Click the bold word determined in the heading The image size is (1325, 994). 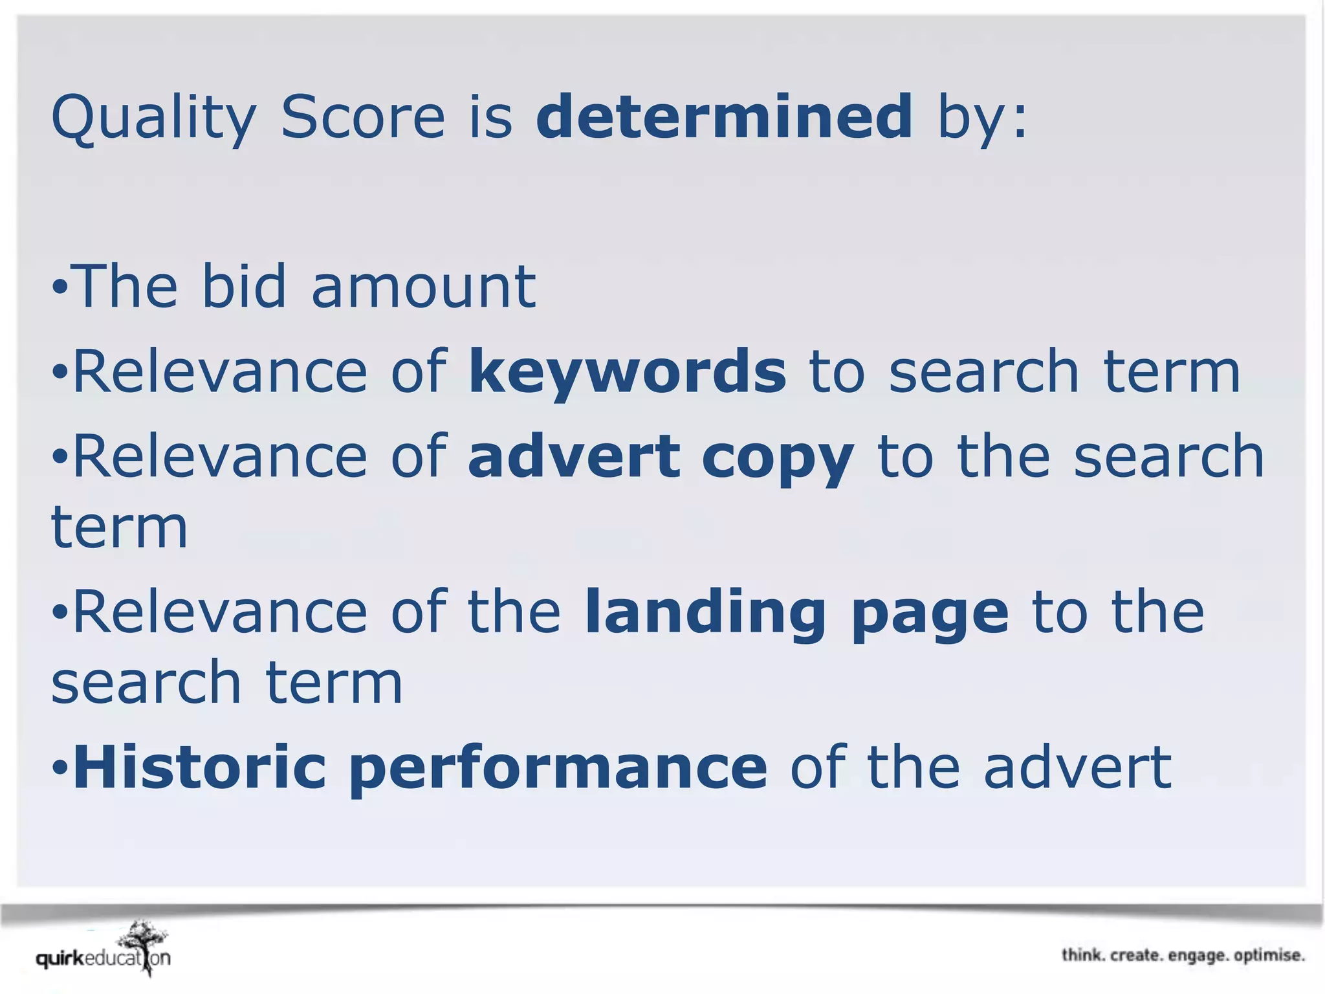pos(724,116)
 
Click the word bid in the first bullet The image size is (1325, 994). pos(244,286)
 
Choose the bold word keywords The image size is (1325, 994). pos(628,372)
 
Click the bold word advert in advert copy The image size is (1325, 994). pos(574,456)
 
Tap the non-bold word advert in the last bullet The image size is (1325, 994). pos(1077,768)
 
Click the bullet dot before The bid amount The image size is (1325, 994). pos(60,286)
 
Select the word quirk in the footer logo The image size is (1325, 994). pos(60,958)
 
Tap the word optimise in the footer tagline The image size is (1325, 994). pos(1269,956)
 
